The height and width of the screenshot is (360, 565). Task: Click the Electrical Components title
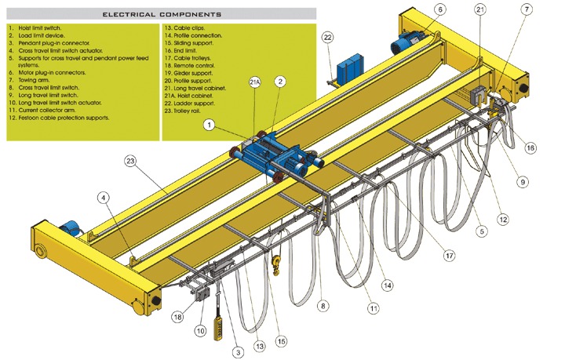162,14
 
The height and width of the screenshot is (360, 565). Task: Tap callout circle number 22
327,37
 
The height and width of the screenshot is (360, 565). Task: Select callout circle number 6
440,9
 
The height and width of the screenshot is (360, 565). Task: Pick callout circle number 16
530,147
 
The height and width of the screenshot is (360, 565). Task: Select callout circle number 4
102,198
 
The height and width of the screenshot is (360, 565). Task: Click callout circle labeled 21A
255,82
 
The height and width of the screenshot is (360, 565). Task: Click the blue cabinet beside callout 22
347,70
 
